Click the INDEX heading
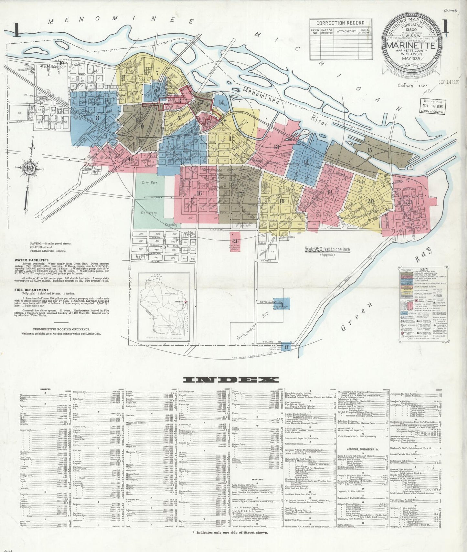(x=231, y=379)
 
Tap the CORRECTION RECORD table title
(x=340, y=23)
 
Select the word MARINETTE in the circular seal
(x=411, y=46)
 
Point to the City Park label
(x=149, y=182)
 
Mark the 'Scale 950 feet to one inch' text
(x=327, y=249)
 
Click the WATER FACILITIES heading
(x=31, y=260)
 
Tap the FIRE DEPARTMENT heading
(x=31, y=290)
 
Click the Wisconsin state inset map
(x=164, y=307)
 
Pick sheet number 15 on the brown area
(x=369, y=150)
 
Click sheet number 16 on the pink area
(x=199, y=193)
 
